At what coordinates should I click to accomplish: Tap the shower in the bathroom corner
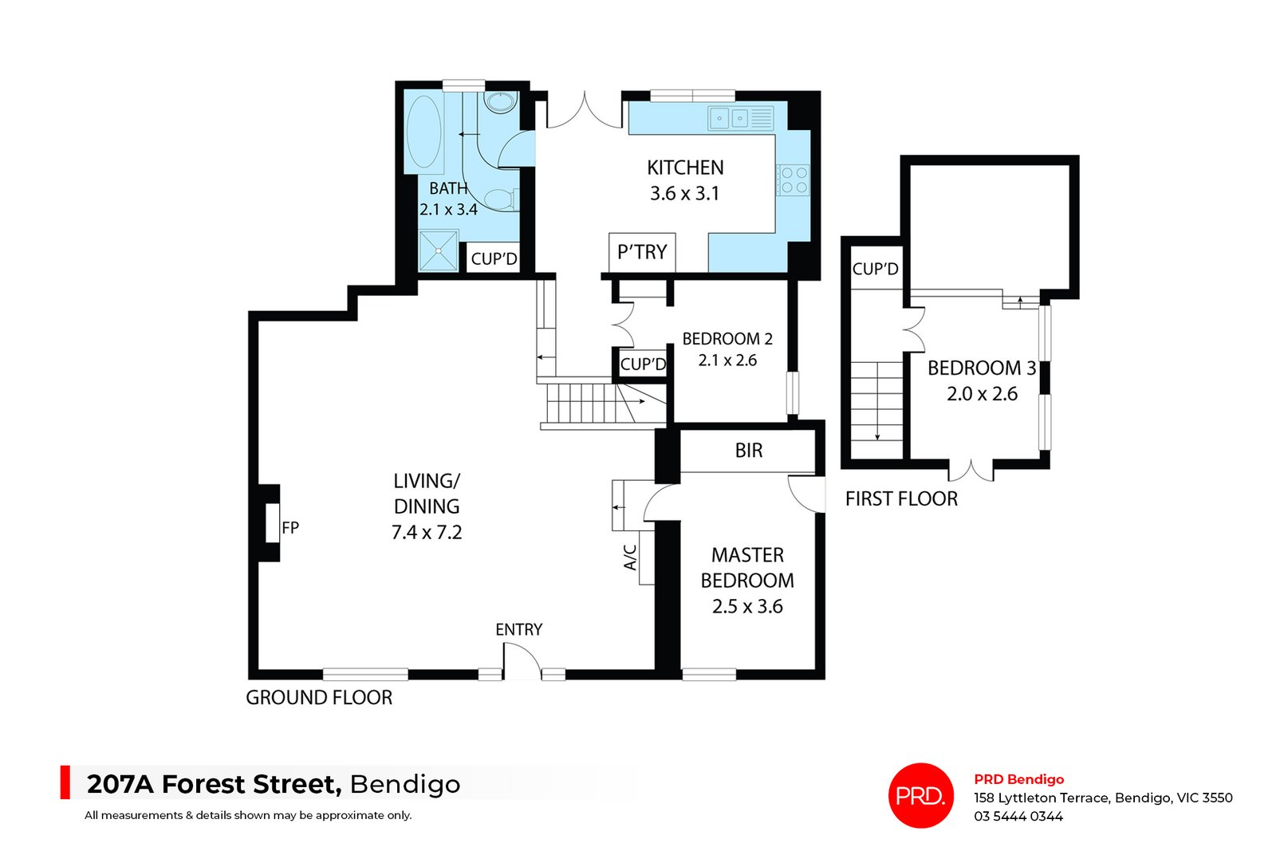click(x=439, y=250)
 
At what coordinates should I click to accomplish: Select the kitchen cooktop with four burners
click(x=794, y=179)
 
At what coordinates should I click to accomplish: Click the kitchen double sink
click(x=730, y=119)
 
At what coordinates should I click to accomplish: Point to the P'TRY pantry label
click(x=642, y=253)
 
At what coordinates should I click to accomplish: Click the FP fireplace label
click(x=290, y=527)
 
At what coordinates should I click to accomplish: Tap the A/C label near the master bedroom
click(x=631, y=557)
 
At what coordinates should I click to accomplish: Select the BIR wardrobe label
click(x=748, y=451)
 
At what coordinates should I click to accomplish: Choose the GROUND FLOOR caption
click(x=319, y=698)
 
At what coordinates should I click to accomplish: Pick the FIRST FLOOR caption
click(x=901, y=499)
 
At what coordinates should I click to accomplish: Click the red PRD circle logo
click(x=921, y=795)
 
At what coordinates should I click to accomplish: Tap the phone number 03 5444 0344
click(x=1018, y=816)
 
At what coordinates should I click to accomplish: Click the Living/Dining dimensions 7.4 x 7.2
click(x=427, y=533)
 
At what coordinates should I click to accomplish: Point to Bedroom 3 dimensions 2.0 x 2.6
click(x=982, y=394)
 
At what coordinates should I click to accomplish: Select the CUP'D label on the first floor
click(x=875, y=269)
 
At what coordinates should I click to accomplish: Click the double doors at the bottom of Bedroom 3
click(x=971, y=471)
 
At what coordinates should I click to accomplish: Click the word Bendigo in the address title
click(x=405, y=785)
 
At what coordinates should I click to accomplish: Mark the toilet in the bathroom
click(x=500, y=199)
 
